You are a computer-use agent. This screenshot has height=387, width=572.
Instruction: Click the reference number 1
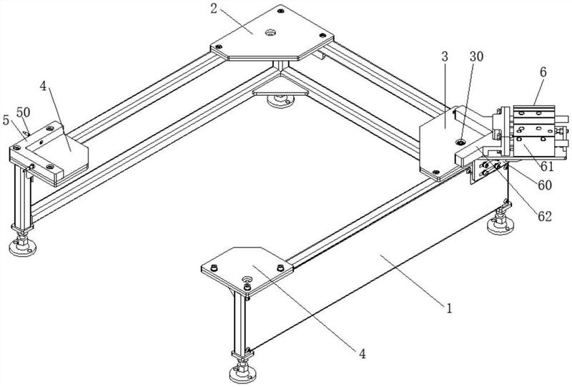click(449, 310)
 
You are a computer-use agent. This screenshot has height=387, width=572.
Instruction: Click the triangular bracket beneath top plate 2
click(281, 92)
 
